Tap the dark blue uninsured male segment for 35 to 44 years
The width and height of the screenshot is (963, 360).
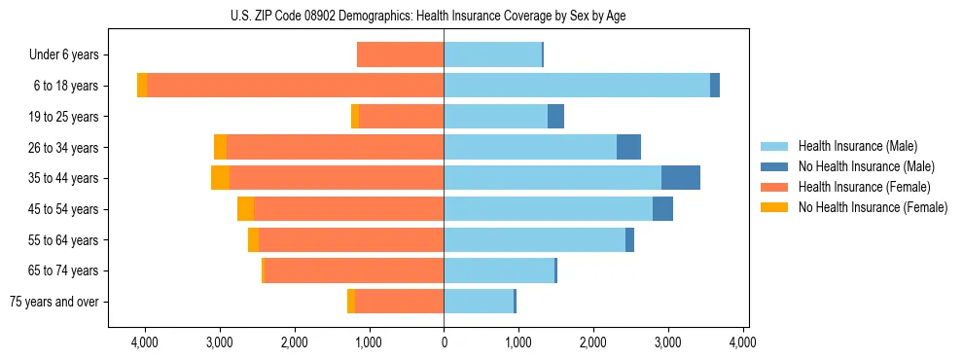tap(681, 178)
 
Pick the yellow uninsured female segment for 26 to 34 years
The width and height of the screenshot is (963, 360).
tap(220, 147)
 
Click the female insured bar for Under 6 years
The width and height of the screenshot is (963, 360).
tap(400, 54)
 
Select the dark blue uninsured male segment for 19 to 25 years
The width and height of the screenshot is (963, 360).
tap(555, 117)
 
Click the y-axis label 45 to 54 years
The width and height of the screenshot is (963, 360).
tap(57, 209)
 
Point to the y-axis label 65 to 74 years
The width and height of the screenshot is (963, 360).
tap(57, 270)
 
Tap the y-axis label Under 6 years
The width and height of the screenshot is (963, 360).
tap(63, 55)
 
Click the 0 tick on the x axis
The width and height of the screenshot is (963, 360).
tap(444, 342)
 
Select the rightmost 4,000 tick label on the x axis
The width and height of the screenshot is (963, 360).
tap(743, 342)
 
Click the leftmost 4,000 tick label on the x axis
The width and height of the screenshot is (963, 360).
tap(145, 342)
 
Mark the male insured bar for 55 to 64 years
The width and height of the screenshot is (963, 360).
tap(534, 239)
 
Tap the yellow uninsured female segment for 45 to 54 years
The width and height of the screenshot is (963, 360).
tap(245, 209)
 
